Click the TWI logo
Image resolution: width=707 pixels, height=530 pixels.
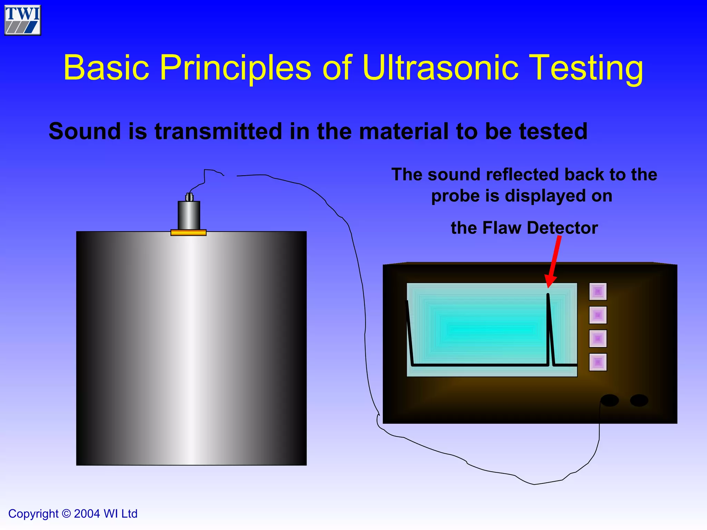pos(23,20)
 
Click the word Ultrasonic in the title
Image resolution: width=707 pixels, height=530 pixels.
pos(440,68)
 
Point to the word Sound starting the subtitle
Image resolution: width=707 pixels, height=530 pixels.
pos(85,131)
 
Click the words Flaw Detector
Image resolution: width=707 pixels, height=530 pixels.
pos(540,228)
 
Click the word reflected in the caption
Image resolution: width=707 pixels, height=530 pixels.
pos(523,175)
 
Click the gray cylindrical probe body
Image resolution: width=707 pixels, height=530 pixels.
pos(189,215)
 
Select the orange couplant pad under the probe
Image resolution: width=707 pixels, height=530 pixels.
pos(188,233)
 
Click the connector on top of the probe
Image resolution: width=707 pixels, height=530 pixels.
pos(189,197)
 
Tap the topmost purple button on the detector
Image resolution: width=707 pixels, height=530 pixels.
pos(598,292)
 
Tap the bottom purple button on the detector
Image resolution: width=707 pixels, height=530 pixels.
pos(598,362)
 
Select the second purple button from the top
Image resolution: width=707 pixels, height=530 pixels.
pos(598,315)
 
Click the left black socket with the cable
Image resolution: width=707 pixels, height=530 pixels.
pos(610,401)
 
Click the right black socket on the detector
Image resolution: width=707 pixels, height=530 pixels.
pos(639,401)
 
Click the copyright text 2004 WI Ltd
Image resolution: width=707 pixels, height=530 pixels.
pos(105,514)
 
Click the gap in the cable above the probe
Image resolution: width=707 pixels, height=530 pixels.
pos(230,176)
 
